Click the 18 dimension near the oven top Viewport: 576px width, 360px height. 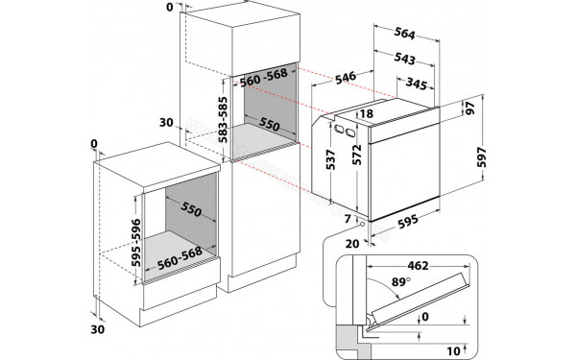pyautogui.click(x=367, y=114)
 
